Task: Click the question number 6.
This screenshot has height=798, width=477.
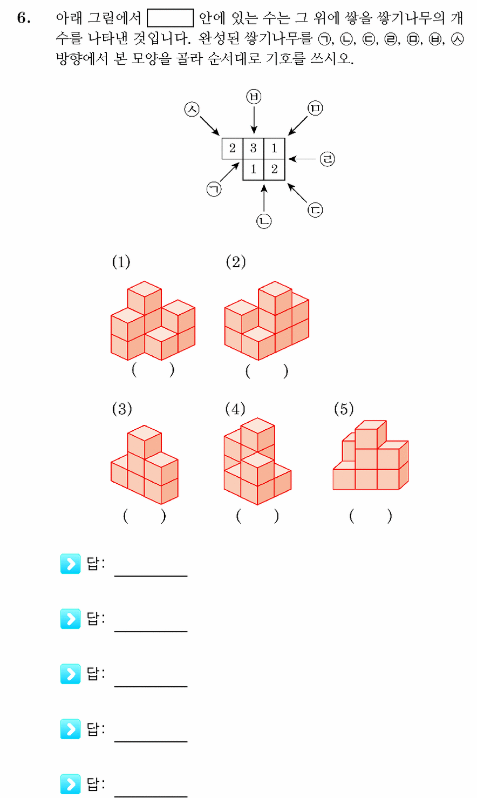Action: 24,18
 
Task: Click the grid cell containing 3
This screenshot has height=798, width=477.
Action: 254,148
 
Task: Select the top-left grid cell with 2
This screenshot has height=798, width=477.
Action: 233,148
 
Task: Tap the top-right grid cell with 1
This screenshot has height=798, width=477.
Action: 275,148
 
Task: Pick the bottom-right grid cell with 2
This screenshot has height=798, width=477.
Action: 275,169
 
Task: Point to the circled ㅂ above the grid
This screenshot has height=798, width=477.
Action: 254,97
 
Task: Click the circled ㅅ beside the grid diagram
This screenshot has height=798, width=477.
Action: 192,109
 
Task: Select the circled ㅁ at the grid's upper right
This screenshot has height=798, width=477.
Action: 315,109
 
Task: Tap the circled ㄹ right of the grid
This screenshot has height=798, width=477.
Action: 327,159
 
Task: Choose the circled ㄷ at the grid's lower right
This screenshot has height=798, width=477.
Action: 315,210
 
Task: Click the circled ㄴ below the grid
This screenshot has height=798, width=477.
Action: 264,221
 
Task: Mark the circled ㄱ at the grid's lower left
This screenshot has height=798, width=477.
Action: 214,189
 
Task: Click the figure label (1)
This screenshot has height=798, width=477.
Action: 121,262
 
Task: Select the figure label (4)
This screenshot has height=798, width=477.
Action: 235,409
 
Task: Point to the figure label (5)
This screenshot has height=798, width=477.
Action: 344,409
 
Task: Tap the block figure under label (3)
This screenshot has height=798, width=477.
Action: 145,464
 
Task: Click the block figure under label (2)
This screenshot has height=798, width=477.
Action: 267,321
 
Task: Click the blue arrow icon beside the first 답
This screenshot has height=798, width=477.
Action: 71,564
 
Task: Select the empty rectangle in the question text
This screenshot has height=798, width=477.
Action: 171,18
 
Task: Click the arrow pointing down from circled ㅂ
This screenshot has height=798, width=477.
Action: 254,119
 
